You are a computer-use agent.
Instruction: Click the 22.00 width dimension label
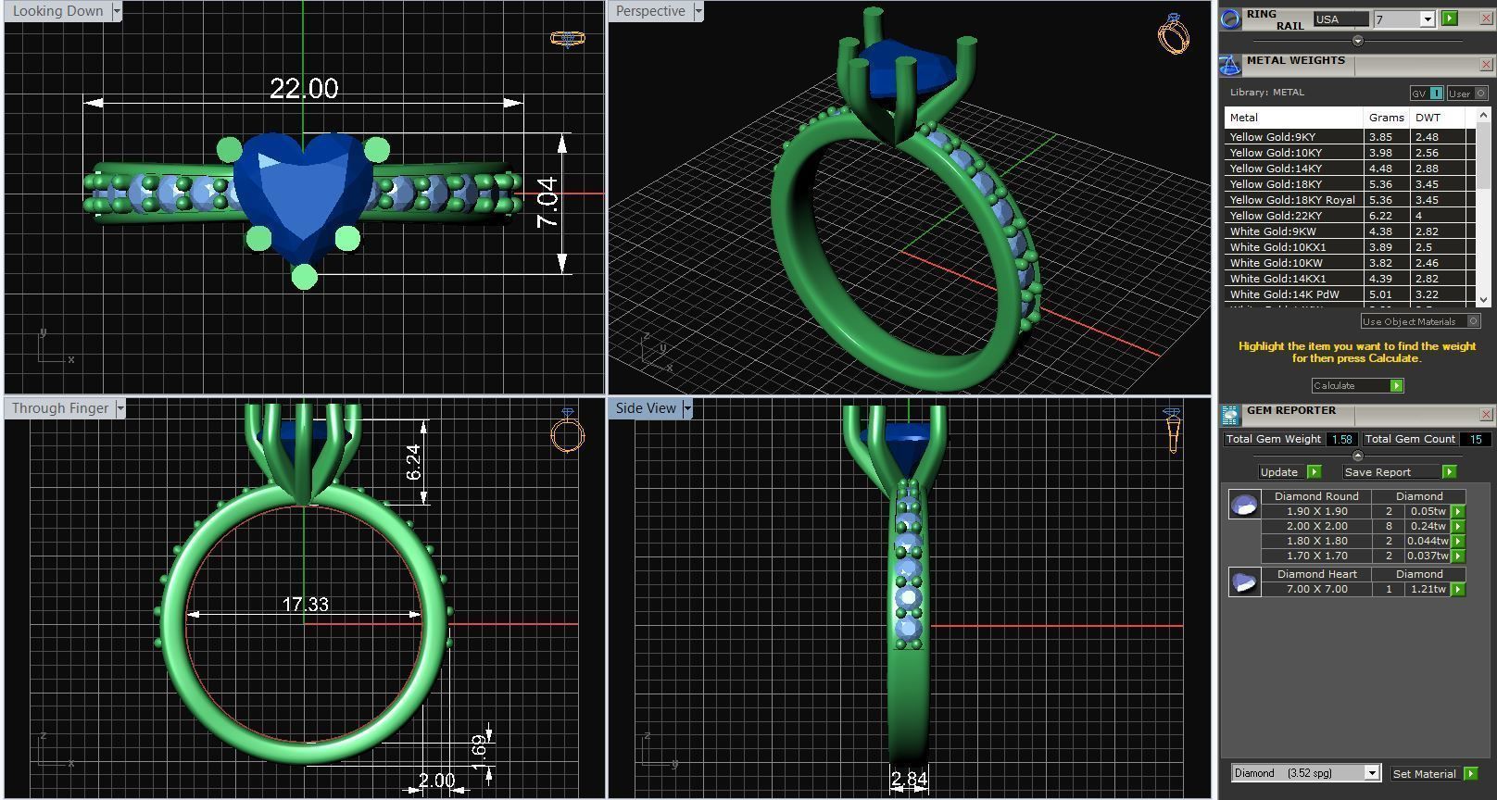click(304, 89)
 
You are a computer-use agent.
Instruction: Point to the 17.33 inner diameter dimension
click(305, 605)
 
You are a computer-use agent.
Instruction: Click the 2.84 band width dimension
click(909, 780)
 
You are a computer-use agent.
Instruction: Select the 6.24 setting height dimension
click(413, 462)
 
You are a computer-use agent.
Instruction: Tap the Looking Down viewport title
click(57, 11)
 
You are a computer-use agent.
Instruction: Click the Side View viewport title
click(646, 408)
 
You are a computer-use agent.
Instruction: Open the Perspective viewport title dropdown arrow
click(698, 11)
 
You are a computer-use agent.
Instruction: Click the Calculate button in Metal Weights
click(1356, 385)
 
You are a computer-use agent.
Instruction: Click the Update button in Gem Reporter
click(1289, 472)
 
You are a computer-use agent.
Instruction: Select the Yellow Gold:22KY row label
click(1276, 216)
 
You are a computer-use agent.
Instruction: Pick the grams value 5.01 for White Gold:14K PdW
click(1380, 294)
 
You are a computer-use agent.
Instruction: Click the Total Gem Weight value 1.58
click(1340, 440)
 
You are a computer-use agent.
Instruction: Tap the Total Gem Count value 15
click(1475, 440)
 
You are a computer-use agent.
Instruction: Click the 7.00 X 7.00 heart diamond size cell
click(1316, 589)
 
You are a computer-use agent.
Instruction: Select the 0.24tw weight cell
click(1428, 526)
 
